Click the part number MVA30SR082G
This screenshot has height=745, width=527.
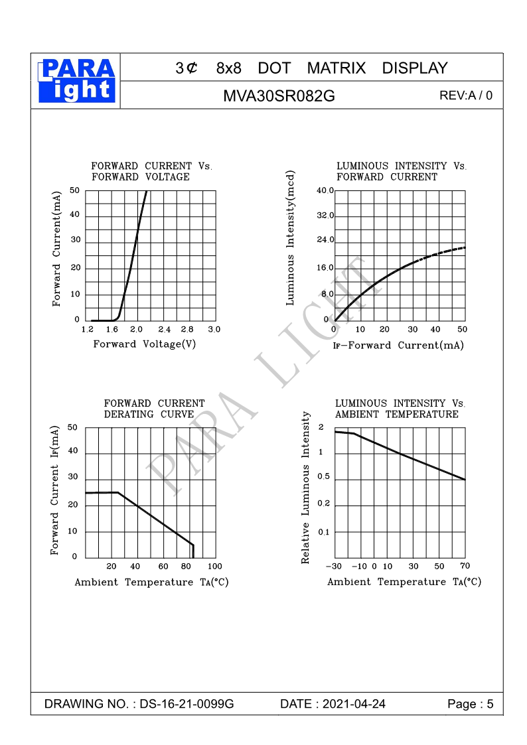pyautogui.click(x=279, y=96)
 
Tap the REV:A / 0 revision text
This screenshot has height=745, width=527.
pyautogui.click(x=466, y=96)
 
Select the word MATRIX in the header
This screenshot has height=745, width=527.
pyautogui.click(x=336, y=68)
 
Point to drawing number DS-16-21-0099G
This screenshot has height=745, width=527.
pyautogui.click(x=187, y=704)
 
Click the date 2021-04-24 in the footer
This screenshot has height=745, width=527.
pyautogui.click(x=353, y=704)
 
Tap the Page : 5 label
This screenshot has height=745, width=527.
pyautogui.click(x=471, y=704)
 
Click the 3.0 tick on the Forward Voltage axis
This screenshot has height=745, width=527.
pyautogui.click(x=214, y=329)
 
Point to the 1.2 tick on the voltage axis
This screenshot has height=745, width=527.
pyautogui.click(x=87, y=329)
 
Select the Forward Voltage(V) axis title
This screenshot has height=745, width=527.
pyautogui.click(x=145, y=344)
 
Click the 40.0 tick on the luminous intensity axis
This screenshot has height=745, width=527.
pyautogui.click(x=325, y=191)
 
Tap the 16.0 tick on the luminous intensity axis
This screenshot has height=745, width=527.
pyautogui.click(x=325, y=268)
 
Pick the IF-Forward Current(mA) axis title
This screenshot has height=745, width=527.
pyautogui.click(x=398, y=346)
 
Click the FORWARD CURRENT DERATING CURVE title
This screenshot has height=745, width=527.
pyautogui.click(x=155, y=409)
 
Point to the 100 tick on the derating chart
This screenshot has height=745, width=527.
pyautogui.click(x=214, y=567)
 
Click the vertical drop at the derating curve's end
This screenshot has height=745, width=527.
pyautogui.click(x=192, y=551)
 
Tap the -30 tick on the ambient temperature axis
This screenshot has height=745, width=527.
pyautogui.click(x=333, y=567)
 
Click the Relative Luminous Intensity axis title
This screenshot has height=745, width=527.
pyautogui.click(x=306, y=488)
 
